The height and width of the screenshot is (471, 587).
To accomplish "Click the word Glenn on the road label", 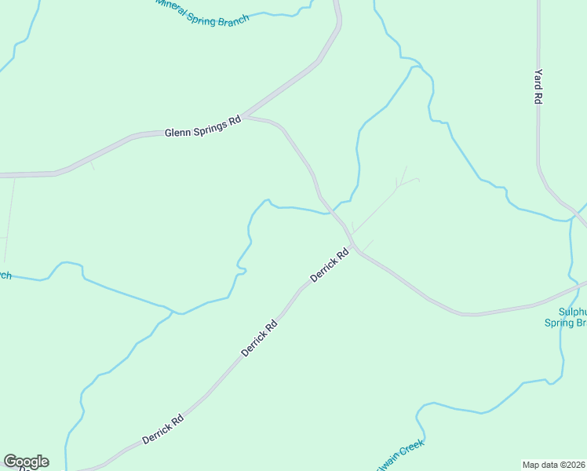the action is click(178, 132).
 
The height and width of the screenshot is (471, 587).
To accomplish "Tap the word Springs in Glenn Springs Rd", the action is click(210, 126).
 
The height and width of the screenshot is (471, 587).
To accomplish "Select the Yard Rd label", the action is click(538, 86).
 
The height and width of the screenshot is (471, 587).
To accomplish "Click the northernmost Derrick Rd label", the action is click(329, 265).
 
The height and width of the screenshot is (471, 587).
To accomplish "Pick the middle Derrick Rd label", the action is click(259, 338).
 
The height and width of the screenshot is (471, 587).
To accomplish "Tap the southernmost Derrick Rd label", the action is click(163, 429).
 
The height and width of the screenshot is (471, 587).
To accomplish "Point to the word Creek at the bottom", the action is click(411, 450).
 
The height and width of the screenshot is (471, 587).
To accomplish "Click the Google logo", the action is click(26, 462).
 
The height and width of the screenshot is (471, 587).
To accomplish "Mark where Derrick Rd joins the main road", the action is click(355, 248).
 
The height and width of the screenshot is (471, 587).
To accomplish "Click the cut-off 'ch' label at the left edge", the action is click(4, 276).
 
